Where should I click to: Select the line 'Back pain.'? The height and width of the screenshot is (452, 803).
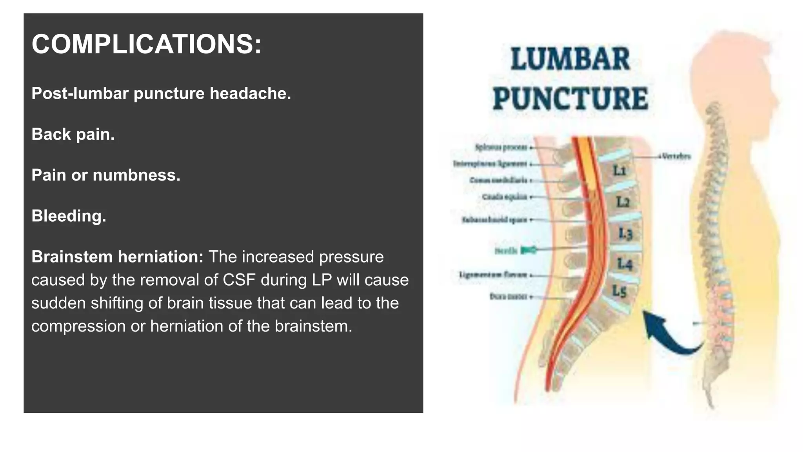coord(73,134)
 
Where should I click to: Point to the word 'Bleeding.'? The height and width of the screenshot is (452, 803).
coord(69,216)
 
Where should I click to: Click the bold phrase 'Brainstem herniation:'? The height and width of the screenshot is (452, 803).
coord(117,257)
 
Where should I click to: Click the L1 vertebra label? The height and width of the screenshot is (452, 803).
coord(620,171)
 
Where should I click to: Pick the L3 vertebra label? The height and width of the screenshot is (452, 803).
coord(625,233)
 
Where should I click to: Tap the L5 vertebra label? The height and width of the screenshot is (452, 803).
coord(620,291)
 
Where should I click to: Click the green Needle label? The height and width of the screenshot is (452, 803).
coord(506,250)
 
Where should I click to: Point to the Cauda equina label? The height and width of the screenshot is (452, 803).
coord(505,197)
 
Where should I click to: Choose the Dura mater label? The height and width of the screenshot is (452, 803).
coord(509,297)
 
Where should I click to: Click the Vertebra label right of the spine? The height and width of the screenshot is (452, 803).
coord(676,157)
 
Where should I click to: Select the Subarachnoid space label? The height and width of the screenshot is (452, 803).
coord(495,220)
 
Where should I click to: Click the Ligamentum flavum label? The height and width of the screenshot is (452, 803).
coord(493,275)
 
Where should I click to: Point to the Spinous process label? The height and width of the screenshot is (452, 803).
coord(501,148)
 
